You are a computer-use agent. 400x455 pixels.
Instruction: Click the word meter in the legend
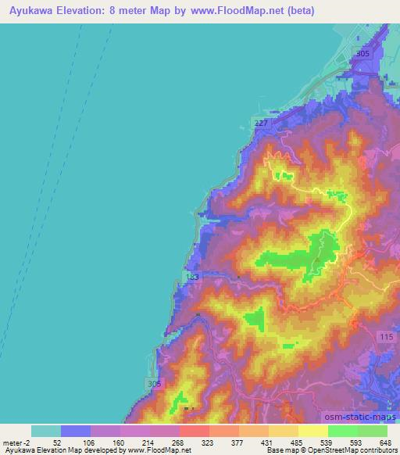pos(13,442)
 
